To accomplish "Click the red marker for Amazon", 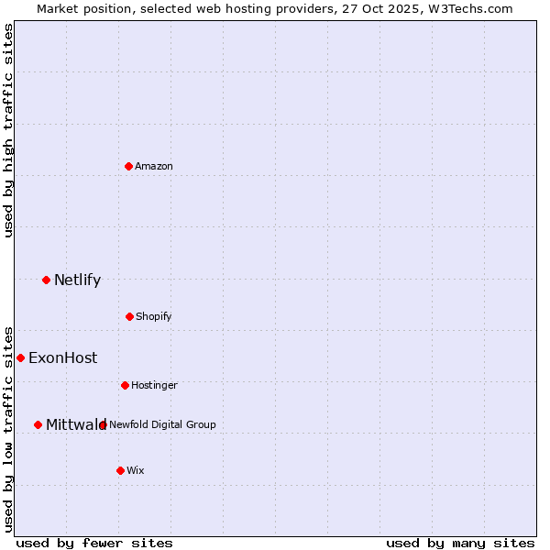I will (x=128, y=166).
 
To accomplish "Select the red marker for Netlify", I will (x=46, y=280).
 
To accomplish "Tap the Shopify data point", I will (x=129, y=316).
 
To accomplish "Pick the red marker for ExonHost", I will (x=20, y=357).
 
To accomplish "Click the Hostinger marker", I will (x=125, y=385).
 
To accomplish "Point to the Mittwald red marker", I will (x=38, y=424).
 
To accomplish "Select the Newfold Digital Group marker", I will (x=103, y=424).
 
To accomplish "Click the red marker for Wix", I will (x=120, y=470).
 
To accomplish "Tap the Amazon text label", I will (x=154, y=166).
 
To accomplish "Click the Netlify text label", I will (x=77, y=280).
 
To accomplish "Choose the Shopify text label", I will (x=154, y=316).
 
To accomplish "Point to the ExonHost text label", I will (x=62, y=357).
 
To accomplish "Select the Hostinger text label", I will (x=154, y=385).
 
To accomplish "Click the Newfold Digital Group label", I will (x=163, y=424).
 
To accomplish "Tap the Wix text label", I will (x=136, y=470).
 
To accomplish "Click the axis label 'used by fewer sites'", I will (x=94, y=543).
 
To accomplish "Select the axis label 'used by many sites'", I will (x=460, y=543).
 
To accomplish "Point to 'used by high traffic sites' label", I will (x=8, y=130).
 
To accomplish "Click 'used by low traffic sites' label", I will (x=8, y=428).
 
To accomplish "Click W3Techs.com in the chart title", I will (x=467, y=8).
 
